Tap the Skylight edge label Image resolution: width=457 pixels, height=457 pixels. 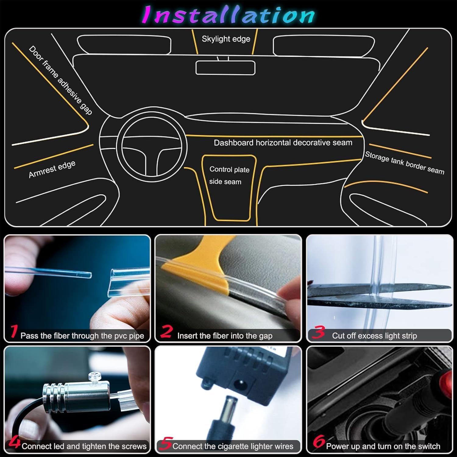tap(226, 39)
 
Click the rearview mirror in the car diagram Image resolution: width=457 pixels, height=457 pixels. tap(225, 68)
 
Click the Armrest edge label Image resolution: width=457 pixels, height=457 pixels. tap(52, 169)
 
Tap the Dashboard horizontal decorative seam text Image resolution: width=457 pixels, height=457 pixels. tap(283, 143)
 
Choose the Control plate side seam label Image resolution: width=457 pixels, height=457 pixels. tap(229, 175)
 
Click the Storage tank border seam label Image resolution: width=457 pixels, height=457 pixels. tap(405, 163)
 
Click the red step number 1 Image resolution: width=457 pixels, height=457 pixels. tap(13, 331)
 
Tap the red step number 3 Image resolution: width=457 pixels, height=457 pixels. tap(319, 332)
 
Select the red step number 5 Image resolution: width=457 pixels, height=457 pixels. tap(166, 443)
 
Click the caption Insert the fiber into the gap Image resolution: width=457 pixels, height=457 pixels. tap(225, 336)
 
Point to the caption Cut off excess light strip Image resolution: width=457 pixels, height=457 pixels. tap(374, 336)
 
